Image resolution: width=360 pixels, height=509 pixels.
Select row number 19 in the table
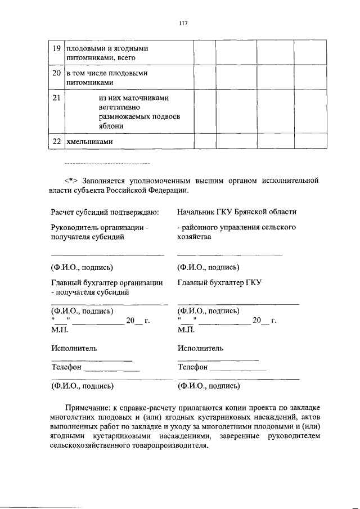pos(56,48)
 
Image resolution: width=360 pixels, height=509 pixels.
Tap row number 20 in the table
pos(56,73)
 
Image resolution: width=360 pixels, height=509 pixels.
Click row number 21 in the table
pos(56,98)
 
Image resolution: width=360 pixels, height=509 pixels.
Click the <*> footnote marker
pos(72,181)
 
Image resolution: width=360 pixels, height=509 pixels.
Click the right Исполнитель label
pos(201,348)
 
